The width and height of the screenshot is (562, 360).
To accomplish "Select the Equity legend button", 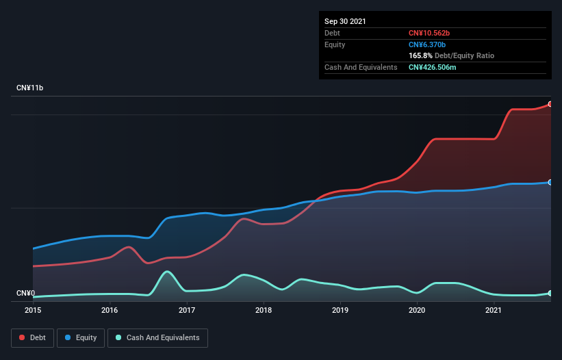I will coord(81,337).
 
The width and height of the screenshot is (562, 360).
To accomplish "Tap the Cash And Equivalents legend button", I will coord(157,337).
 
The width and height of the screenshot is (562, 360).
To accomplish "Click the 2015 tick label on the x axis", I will coord(33,310).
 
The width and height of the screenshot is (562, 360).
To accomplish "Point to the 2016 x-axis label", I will coord(110,310).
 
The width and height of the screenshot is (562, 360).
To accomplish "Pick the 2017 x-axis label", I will coord(187,310).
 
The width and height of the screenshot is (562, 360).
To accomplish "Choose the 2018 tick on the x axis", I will coord(264,310).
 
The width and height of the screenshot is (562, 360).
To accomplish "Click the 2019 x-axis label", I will coord(340,310).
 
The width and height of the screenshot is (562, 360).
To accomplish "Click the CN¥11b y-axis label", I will coord(30,88).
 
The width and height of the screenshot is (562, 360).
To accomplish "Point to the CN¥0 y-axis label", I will coord(25,294).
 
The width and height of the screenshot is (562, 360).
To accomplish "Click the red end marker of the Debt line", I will coord(550,104).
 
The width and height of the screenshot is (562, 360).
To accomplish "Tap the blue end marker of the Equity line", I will coord(550,183).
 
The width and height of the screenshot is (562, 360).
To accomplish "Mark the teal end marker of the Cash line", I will coord(550,293).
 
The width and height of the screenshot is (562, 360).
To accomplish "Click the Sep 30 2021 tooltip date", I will coord(345,21).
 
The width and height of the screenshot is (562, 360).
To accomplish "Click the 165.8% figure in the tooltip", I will coord(420,55).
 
